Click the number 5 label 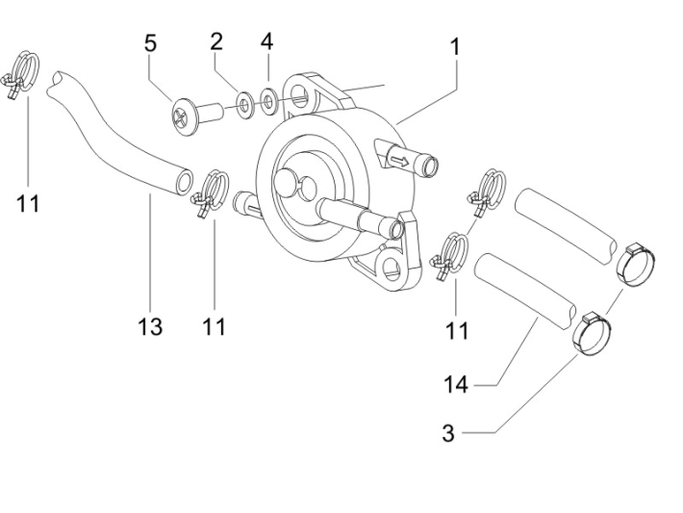tap(150, 43)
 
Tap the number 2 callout tap(216, 40)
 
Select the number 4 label tap(266, 41)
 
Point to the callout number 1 tap(454, 46)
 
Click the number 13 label tap(150, 327)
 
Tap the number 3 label tap(447, 434)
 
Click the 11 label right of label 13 tap(214, 327)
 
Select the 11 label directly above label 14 tap(458, 331)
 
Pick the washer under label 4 tap(269, 99)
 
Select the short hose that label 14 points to tap(528, 286)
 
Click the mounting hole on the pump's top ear tap(304, 96)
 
